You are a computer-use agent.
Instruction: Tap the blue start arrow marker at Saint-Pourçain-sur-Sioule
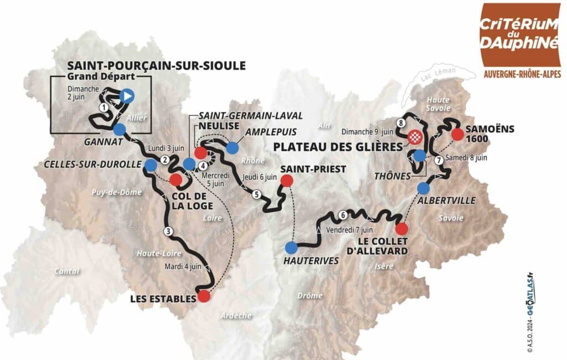point(127,96)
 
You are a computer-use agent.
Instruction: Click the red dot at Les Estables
point(204,296)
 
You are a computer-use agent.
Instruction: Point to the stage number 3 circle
point(168,231)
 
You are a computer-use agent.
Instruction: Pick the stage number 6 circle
point(343,215)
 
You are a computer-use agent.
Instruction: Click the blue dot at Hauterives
point(291,248)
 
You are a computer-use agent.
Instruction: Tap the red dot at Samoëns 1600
point(457,135)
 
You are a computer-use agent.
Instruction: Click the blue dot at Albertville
point(424,187)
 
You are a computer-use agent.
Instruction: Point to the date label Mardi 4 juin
point(183,265)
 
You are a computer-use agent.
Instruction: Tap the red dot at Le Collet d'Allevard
point(402,229)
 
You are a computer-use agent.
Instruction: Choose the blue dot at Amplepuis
point(232,147)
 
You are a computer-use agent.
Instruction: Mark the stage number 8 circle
point(399,122)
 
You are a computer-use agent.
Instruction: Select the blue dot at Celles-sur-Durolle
point(150,164)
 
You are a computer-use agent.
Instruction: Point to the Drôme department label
point(310,296)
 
